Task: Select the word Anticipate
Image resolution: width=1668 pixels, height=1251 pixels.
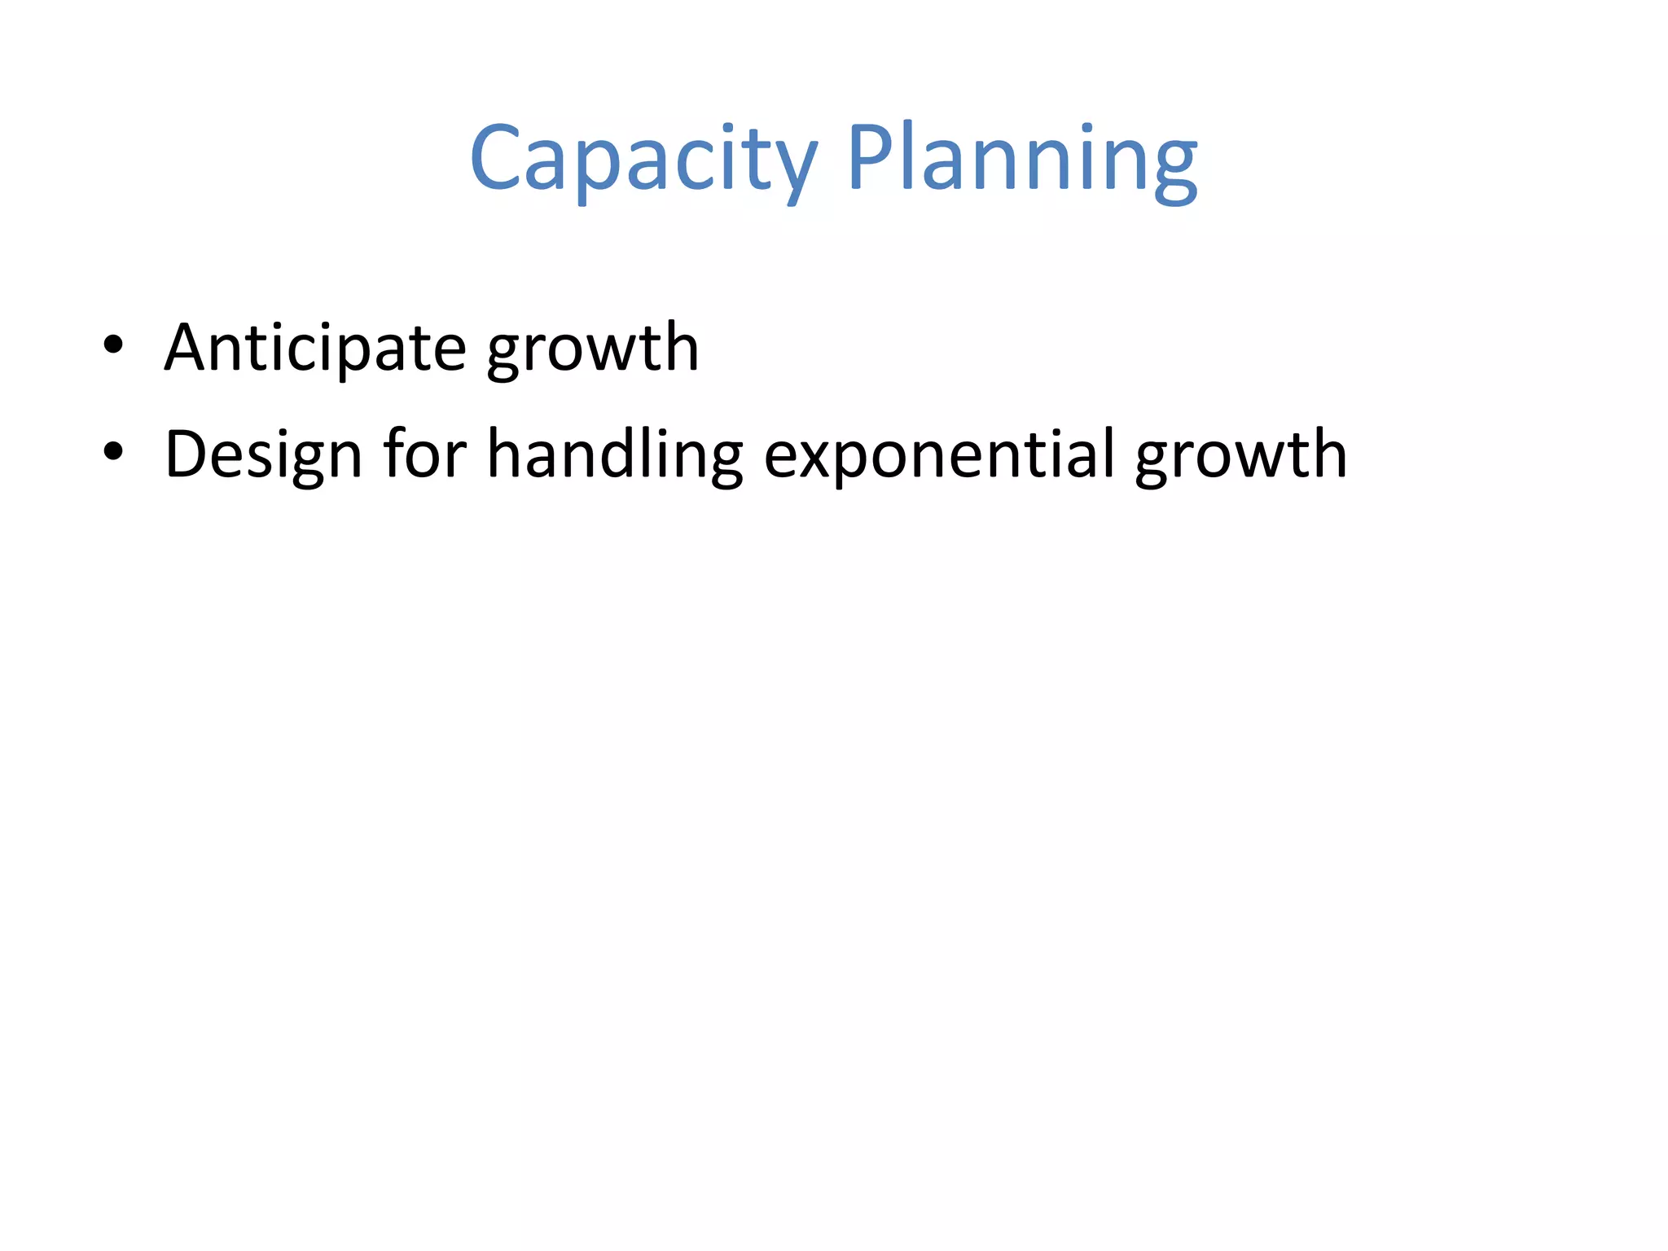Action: point(315,349)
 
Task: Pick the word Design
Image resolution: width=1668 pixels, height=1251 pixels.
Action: point(263,454)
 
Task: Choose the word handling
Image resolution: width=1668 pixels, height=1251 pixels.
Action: point(615,454)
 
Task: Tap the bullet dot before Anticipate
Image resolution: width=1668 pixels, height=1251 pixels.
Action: point(113,345)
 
